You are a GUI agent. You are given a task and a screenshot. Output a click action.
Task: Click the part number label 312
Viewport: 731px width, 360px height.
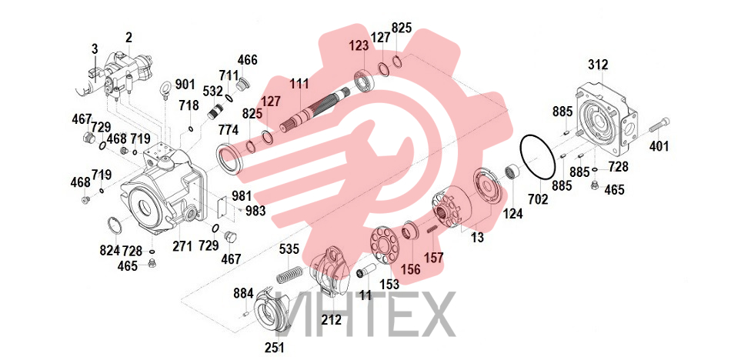coord(598,65)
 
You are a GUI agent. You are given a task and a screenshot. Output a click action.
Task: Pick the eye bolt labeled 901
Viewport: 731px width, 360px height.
coord(167,88)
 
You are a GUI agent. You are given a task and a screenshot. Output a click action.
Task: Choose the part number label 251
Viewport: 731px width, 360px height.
coord(275,348)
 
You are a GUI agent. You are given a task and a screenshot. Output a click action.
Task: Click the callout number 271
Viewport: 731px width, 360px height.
coord(182,246)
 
